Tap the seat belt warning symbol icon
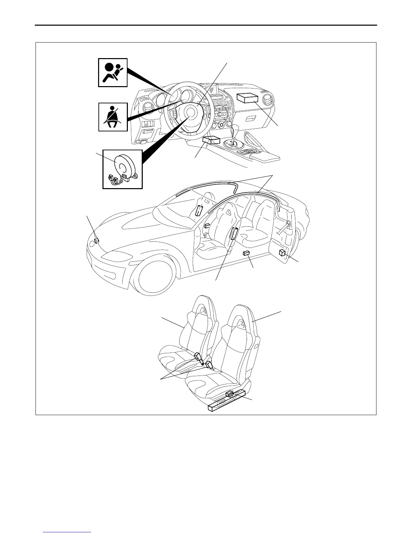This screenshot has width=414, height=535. click(113, 117)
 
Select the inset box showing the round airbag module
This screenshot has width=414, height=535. click(122, 169)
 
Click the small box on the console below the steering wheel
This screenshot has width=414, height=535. click(211, 141)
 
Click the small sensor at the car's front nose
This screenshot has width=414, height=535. click(96, 241)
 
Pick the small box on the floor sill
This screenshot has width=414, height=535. click(247, 253)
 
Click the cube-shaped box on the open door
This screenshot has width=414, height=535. click(282, 253)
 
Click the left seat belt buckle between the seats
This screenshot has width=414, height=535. click(198, 357)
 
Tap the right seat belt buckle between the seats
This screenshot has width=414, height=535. click(209, 365)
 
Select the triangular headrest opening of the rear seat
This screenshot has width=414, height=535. click(204, 312)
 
